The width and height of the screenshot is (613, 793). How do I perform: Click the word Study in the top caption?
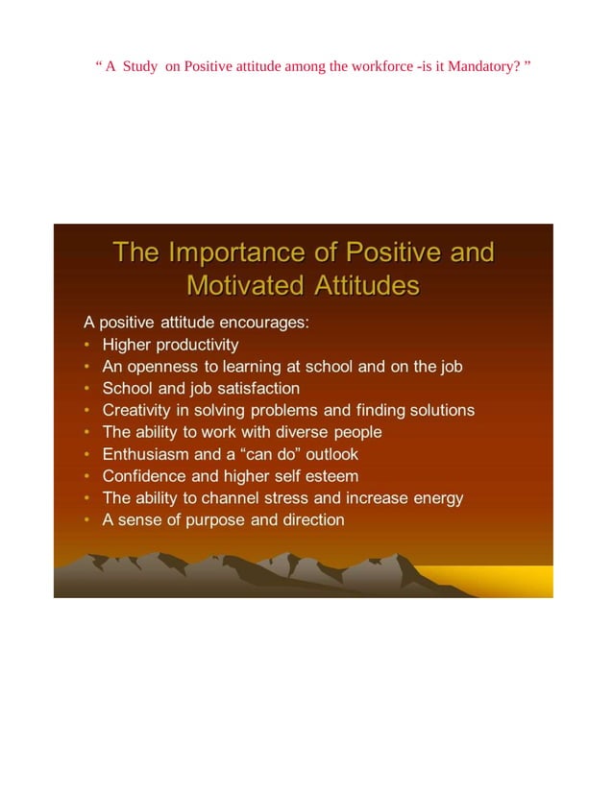[x=140, y=66]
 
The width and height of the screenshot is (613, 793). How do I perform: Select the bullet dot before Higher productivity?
[x=87, y=345]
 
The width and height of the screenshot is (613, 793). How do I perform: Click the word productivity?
[x=198, y=344]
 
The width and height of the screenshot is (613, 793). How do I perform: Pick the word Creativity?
[x=135, y=410]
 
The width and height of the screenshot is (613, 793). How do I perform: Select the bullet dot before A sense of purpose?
[x=87, y=521]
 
